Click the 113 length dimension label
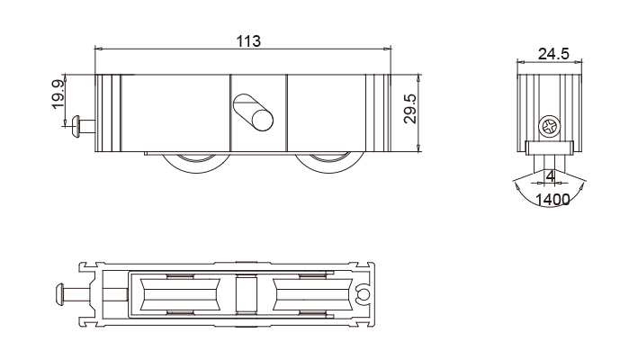(248, 41)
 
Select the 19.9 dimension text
(58, 94)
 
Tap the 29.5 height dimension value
(410, 109)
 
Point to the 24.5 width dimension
(553, 54)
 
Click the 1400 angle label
(552, 200)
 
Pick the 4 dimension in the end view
(550, 176)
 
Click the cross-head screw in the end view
(549, 126)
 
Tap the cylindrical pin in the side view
(253, 112)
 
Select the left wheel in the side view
(196, 163)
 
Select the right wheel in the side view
(329, 163)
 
